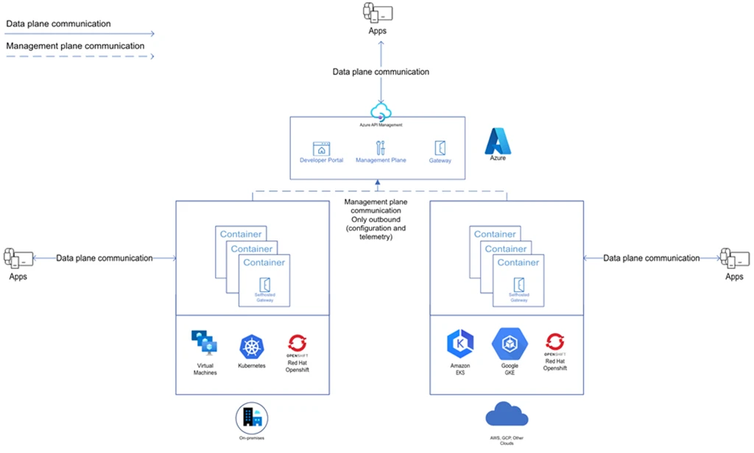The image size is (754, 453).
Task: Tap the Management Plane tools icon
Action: click(x=380, y=147)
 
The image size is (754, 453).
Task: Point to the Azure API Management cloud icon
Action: click(x=381, y=112)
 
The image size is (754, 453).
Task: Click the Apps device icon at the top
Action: click(x=377, y=13)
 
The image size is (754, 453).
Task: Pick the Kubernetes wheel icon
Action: click(x=251, y=346)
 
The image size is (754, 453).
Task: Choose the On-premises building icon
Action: click(x=250, y=418)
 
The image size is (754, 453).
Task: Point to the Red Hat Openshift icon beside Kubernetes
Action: click(x=297, y=344)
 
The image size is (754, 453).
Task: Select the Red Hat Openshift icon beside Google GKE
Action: click(x=554, y=343)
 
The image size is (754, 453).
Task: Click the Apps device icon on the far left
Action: click(x=17, y=258)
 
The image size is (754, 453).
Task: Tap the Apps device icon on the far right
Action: click(x=734, y=258)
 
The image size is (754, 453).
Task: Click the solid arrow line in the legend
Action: click(x=80, y=34)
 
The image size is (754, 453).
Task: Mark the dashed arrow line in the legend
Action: click(x=80, y=56)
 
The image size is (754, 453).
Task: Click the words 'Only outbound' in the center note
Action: click(x=376, y=219)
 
